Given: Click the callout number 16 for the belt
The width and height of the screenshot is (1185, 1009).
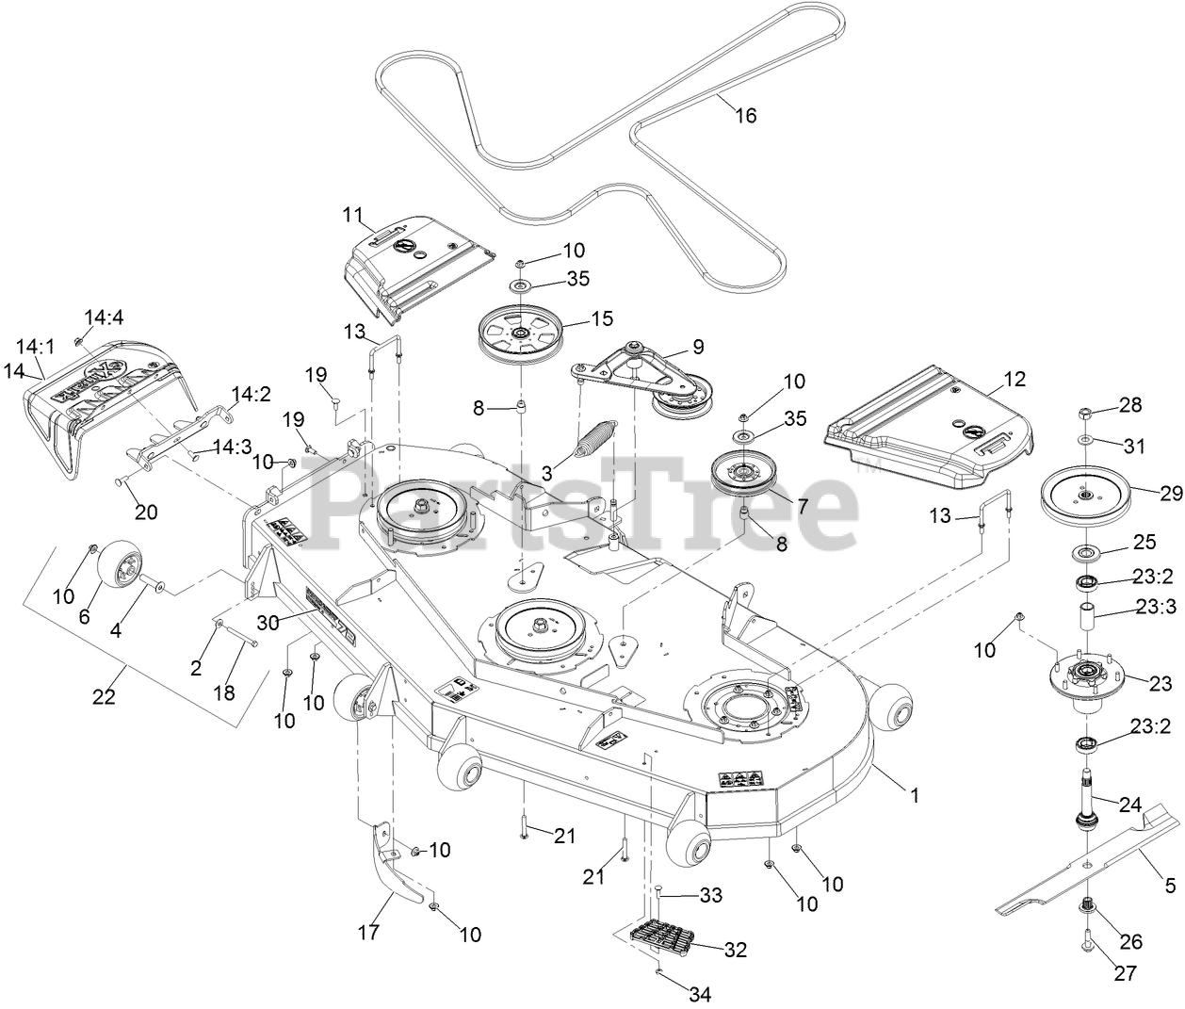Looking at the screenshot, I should click(745, 116).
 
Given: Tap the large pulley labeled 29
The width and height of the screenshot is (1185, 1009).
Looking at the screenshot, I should click(1086, 496).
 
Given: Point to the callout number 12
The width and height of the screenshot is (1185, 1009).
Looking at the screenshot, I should click(1015, 379).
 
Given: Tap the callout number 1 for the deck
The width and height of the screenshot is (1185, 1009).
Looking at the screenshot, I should click(913, 795).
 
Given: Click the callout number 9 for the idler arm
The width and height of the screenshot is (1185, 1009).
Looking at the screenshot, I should click(697, 346).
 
